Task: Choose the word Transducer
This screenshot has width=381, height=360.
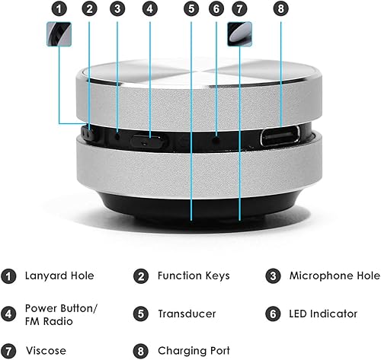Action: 187,314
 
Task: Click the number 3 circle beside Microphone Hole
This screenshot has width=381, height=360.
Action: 274,276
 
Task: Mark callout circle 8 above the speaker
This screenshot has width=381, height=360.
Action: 280,9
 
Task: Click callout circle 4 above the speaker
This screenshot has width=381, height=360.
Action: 150,9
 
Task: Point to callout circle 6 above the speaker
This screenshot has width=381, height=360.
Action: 216,9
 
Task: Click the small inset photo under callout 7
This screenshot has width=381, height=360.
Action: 239,34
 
